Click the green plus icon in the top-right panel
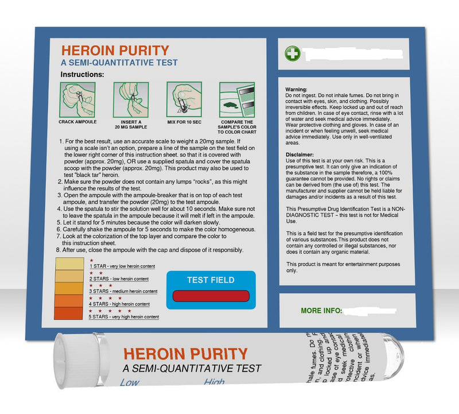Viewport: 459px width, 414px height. (x=292, y=54)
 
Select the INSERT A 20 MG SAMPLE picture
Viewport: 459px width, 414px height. (x=130, y=99)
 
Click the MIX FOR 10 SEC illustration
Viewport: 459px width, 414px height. (x=184, y=99)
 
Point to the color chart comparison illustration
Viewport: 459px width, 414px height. (x=236, y=99)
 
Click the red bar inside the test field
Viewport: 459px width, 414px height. (x=211, y=296)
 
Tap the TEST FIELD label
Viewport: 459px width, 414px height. (x=211, y=280)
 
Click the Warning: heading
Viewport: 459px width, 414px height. (x=297, y=90)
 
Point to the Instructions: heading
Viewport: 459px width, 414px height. (x=82, y=75)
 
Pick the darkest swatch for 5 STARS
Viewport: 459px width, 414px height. (x=68, y=314)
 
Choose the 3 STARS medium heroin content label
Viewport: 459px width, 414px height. (x=118, y=292)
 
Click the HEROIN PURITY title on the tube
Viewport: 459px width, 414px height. (x=185, y=353)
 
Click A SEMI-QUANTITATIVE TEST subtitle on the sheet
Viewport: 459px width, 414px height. (x=119, y=63)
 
